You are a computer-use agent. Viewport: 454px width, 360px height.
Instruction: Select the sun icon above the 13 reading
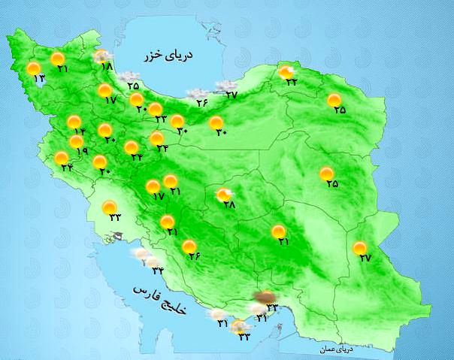click(33, 69)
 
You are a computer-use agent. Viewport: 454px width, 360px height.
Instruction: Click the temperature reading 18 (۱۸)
click(105, 67)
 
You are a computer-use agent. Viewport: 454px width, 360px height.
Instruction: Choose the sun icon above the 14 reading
click(74, 122)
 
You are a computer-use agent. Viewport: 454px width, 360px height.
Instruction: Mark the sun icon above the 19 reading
click(76, 141)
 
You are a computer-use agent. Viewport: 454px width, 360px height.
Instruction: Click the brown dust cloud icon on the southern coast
click(262, 298)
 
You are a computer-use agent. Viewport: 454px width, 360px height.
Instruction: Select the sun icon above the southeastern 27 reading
click(360, 248)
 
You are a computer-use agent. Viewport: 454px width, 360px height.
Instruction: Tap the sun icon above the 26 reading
click(189, 247)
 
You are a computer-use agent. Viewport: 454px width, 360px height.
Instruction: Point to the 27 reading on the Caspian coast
click(231, 95)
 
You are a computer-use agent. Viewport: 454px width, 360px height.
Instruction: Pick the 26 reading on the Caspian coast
click(201, 102)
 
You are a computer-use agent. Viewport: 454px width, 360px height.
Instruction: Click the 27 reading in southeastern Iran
click(366, 258)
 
